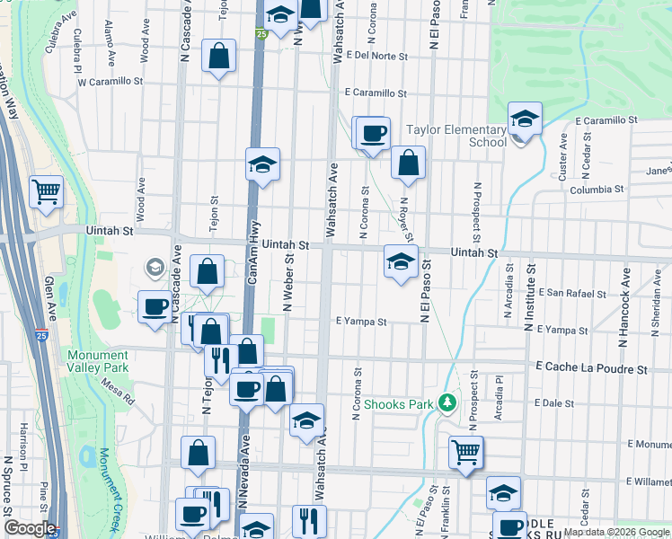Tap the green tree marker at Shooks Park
point(447,402)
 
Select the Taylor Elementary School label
point(456,136)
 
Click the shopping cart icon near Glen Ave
point(46,190)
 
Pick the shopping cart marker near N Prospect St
point(465,451)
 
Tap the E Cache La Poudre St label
point(591,369)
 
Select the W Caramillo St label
point(111,81)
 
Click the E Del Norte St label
point(376,56)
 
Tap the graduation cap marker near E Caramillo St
point(525,118)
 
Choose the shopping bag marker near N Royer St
point(408,162)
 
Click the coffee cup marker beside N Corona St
point(373,133)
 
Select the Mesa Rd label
point(118,388)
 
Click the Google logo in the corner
point(30,528)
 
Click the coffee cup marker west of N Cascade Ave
point(155,306)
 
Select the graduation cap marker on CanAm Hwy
point(263,164)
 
